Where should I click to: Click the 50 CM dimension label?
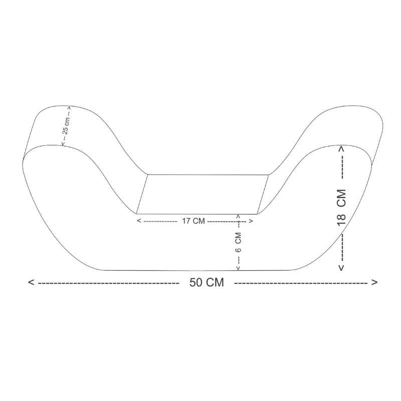(207, 283)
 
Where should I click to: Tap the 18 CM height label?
(341, 208)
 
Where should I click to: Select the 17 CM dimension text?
(193, 221)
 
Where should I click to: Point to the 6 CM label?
(238, 242)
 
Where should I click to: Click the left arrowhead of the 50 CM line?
(31, 282)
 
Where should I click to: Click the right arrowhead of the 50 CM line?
(374, 282)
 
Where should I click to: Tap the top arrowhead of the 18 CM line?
(341, 148)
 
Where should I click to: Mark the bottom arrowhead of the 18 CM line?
(341, 268)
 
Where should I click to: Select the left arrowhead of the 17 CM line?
(139, 221)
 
